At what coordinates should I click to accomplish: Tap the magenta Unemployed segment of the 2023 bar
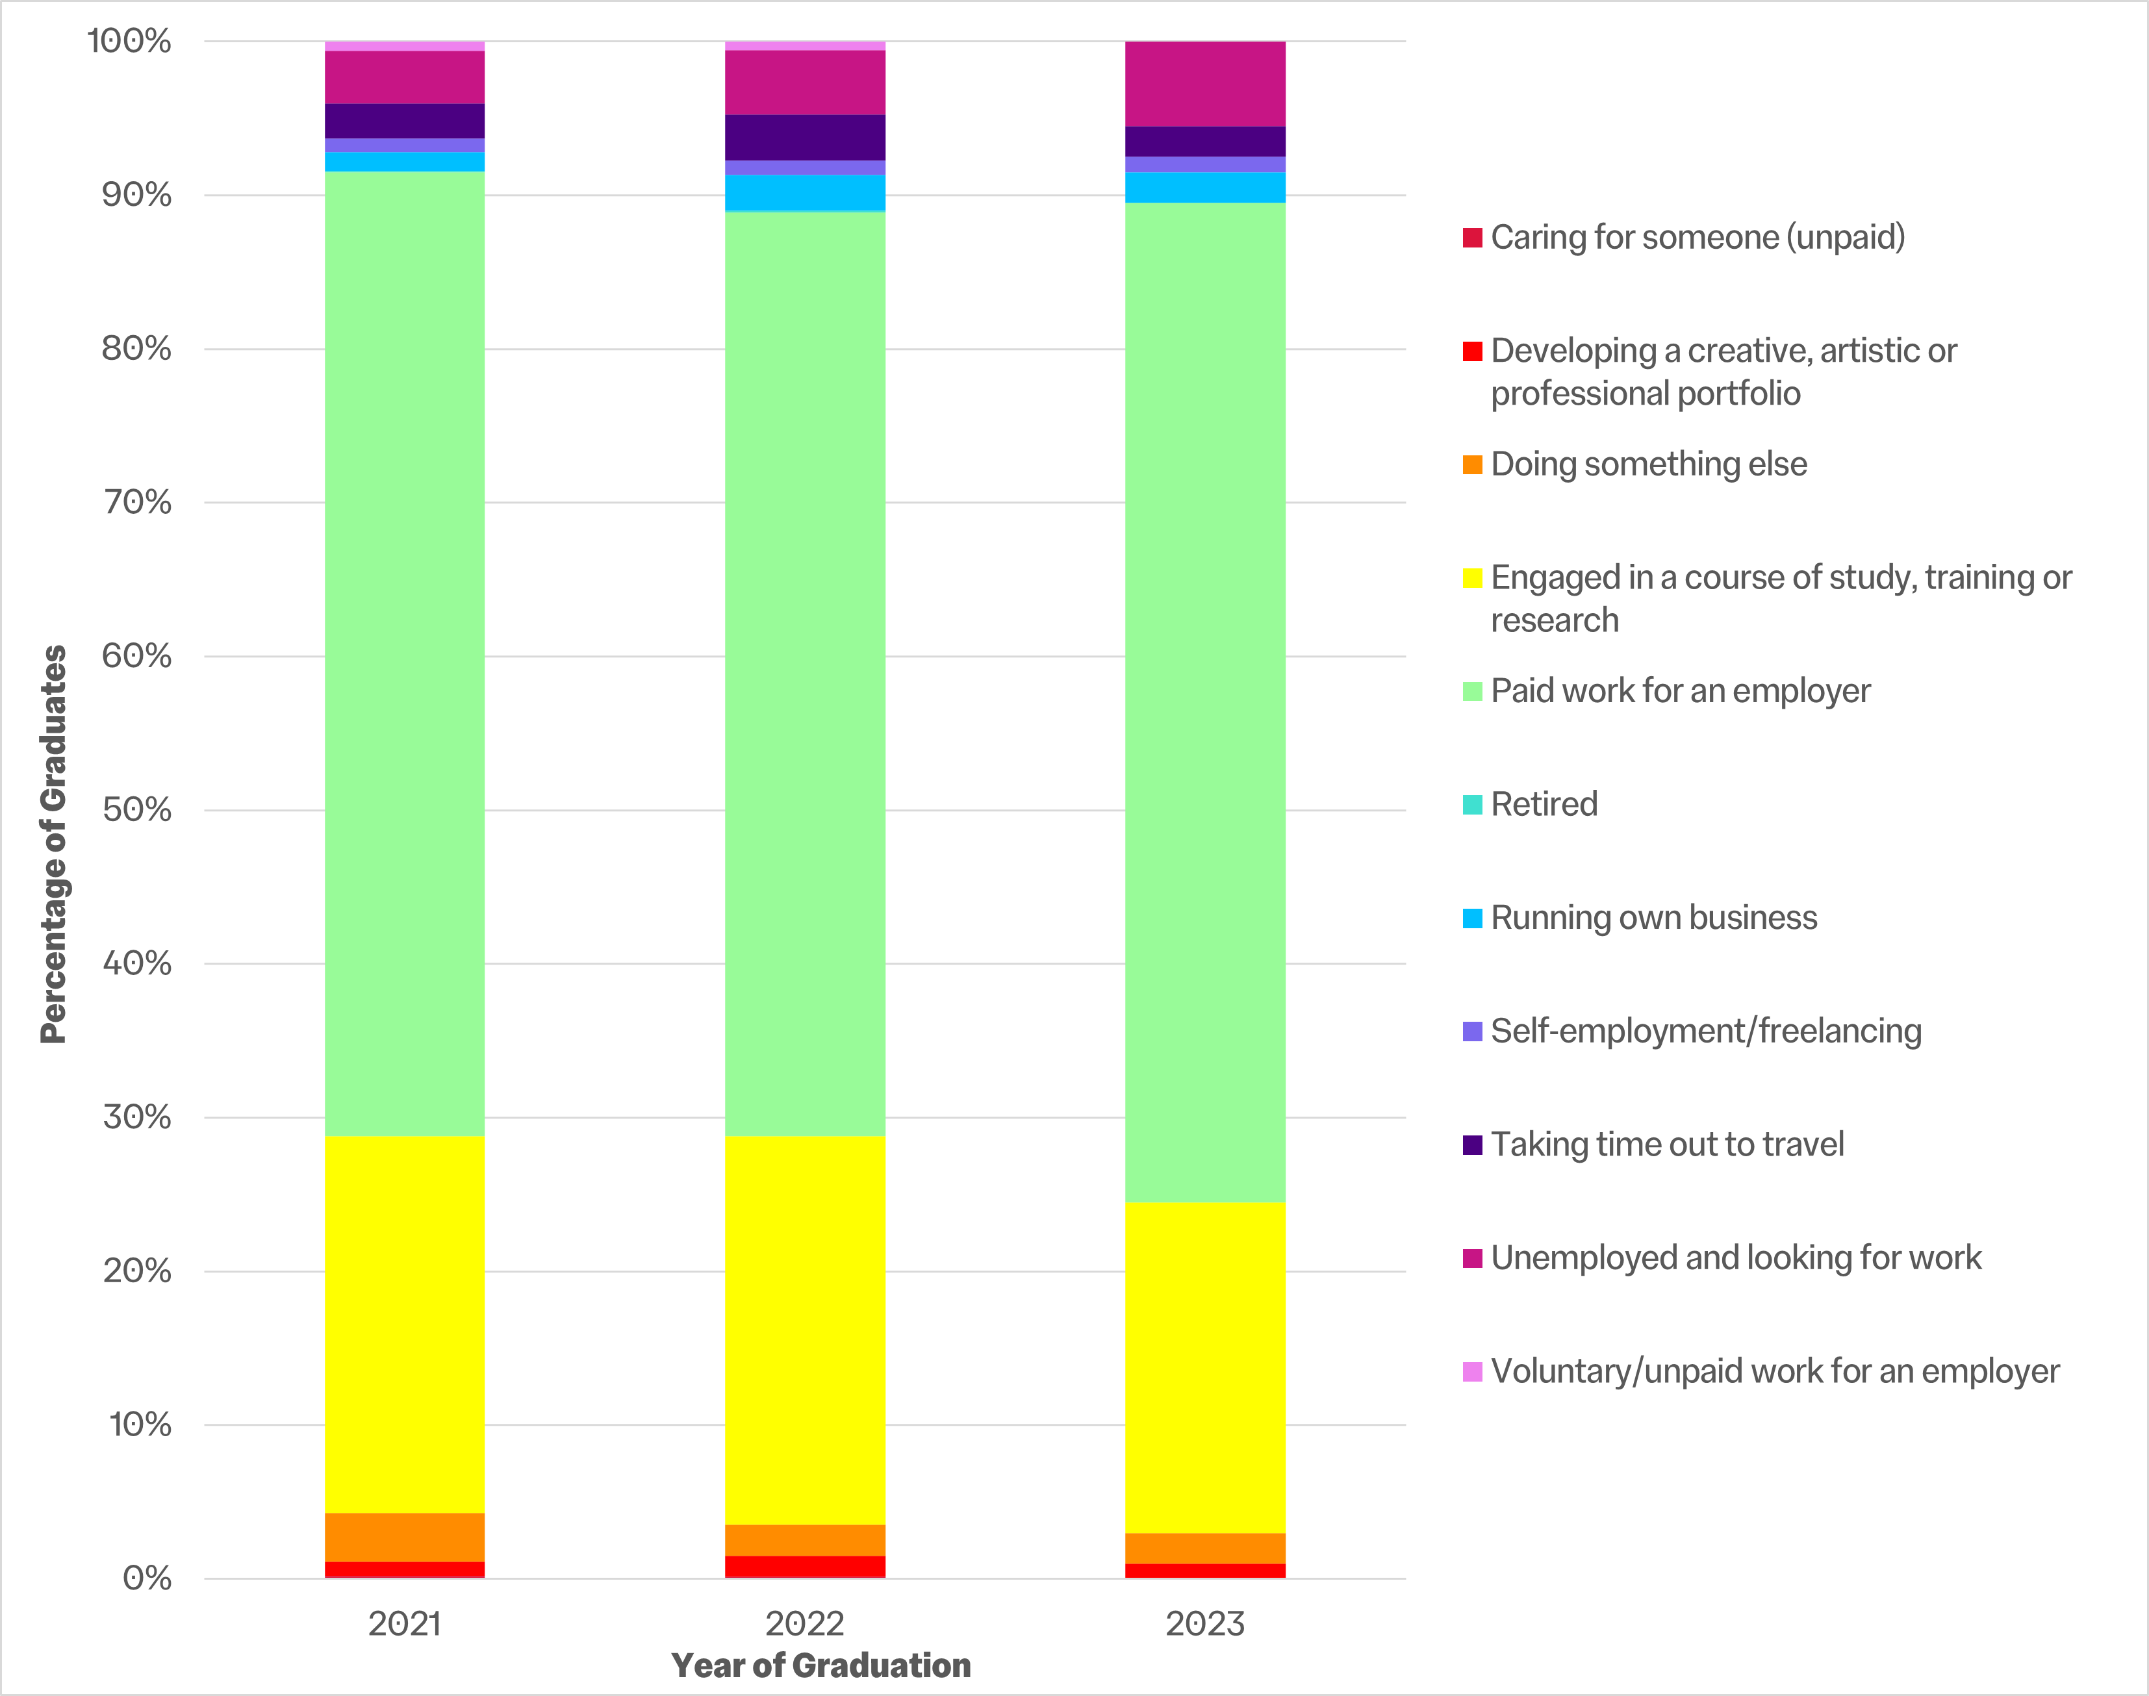pos(1204,84)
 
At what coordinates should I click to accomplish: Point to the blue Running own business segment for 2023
pos(1204,188)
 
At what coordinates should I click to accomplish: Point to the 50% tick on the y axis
pos(137,809)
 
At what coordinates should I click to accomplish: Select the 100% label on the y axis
pos(129,41)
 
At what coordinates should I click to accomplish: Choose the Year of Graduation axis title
pos(821,1666)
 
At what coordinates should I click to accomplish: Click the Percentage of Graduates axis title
pos(54,844)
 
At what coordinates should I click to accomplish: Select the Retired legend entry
pos(1544,804)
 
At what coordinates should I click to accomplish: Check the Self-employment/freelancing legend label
pos(1706,1032)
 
